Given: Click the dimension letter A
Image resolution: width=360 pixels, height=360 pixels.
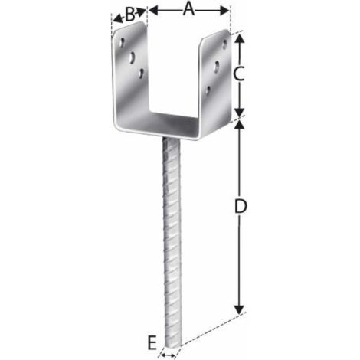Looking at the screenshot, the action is point(188,10).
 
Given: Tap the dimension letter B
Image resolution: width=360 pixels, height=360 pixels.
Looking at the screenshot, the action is point(130,15).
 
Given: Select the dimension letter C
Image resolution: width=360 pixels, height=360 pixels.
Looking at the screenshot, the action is point(239,74).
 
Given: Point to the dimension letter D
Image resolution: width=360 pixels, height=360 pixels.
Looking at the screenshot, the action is point(241,206).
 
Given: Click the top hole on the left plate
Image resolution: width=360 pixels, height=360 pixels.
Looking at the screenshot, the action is point(123,43).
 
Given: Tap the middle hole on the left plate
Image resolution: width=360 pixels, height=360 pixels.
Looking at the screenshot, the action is point(133,57).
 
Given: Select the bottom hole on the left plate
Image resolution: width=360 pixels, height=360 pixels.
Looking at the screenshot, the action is point(141,73).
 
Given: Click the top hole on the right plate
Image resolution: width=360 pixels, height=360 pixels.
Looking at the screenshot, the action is point(224,44).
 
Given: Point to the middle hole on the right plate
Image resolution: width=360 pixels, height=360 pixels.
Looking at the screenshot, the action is point(217,67).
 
